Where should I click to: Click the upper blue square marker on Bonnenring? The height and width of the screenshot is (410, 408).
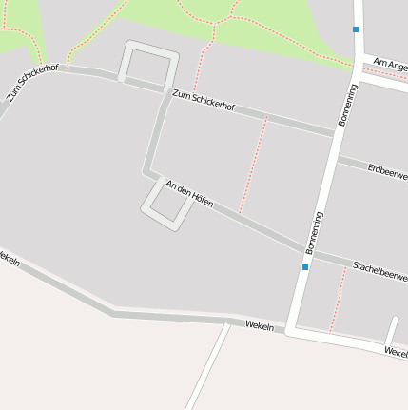(356, 29)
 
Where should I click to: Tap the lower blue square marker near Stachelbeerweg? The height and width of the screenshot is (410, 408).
(305, 267)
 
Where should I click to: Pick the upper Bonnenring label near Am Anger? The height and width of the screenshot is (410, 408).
(348, 105)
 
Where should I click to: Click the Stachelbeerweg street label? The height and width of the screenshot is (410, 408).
(379, 269)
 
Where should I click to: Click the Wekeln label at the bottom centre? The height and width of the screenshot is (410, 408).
(259, 326)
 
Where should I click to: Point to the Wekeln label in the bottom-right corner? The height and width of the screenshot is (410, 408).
(396, 352)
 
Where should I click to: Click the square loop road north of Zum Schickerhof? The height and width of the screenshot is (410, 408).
(149, 62)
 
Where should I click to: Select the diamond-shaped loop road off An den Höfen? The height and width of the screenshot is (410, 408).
(164, 204)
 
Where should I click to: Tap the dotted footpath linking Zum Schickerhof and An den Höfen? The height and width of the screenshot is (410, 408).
(253, 164)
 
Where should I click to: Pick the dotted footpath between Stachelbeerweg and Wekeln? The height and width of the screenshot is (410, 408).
(337, 300)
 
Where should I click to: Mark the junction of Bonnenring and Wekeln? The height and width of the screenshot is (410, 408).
(291, 332)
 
